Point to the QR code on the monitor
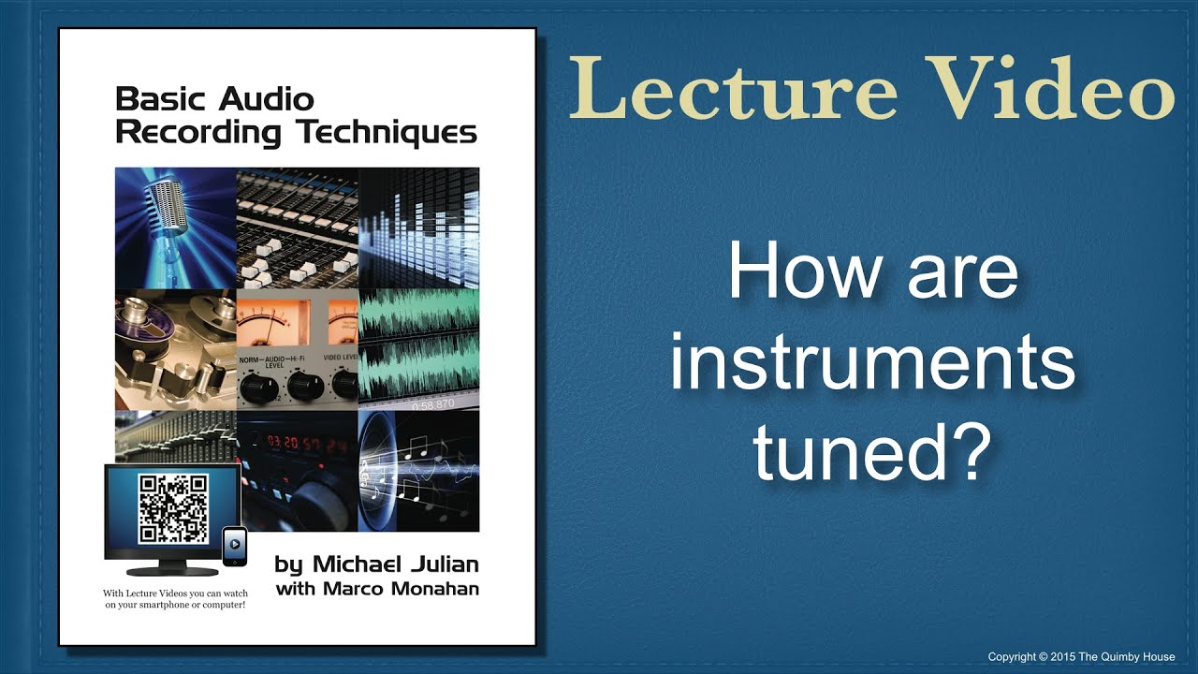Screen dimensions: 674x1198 click(x=172, y=509)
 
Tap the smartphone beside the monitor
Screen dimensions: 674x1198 click(x=235, y=547)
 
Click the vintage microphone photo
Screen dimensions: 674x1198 click(x=175, y=227)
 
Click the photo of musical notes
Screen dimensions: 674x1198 click(x=418, y=471)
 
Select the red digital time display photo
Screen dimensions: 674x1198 click(x=297, y=471)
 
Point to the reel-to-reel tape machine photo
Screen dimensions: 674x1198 click(x=175, y=348)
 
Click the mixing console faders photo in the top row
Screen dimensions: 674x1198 click(x=297, y=227)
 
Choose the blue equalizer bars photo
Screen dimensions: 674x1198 click(x=418, y=227)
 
